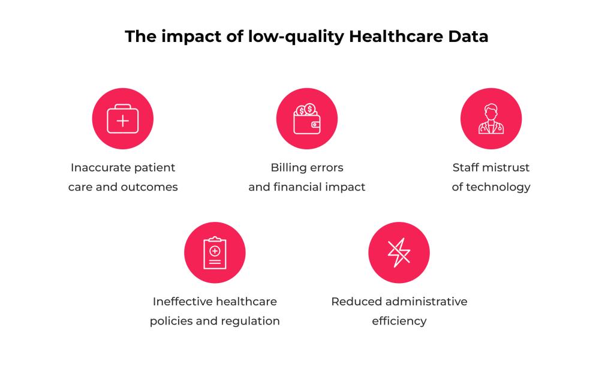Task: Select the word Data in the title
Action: pos(468,37)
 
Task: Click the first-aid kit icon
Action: pos(123,119)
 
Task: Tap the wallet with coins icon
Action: pos(307,119)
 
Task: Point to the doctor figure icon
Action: pos(491,119)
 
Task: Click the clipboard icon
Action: pos(215,252)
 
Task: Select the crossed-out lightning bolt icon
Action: pos(399,252)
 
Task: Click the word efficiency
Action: pos(399,321)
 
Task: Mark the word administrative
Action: pos(426,302)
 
